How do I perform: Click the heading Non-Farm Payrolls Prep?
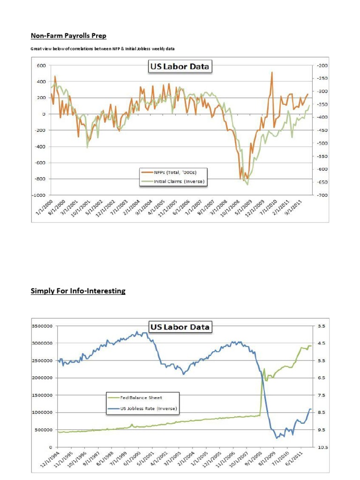coord(68,36)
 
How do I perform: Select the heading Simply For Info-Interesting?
coord(78,291)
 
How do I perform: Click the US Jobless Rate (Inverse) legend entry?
coord(146,408)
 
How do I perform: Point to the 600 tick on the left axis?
coord(41,66)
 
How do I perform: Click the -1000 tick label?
coord(38,195)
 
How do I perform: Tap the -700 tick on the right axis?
coord(322,195)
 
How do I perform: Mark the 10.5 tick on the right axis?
coord(322,447)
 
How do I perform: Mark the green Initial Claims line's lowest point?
coord(247,184)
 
